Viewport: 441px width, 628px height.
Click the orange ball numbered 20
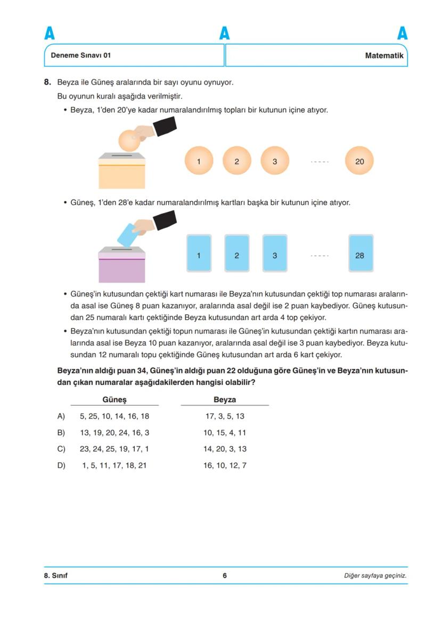coord(360,161)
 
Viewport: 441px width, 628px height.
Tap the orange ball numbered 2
coord(236,161)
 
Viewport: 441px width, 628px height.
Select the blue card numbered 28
coord(360,254)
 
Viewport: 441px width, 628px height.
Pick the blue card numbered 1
coord(199,254)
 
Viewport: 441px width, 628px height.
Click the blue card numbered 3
coord(275,254)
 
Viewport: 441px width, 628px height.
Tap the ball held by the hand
coord(128,141)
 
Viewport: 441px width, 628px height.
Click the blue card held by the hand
coord(127,235)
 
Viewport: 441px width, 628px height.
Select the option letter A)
coord(61,416)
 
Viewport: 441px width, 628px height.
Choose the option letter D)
coord(61,466)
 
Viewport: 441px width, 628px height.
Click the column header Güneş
coord(115,400)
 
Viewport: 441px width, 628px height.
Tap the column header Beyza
coord(225,400)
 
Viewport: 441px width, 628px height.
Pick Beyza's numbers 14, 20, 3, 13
coord(225,449)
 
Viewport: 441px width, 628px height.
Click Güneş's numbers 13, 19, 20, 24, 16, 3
coord(115,433)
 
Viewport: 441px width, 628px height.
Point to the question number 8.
coord(47,82)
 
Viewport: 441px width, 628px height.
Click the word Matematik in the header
coord(384,55)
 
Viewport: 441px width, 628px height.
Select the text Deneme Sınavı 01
coord(81,55)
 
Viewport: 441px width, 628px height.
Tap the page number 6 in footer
coord(225,575)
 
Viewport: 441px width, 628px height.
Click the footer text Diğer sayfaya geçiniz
coord(375,575)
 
